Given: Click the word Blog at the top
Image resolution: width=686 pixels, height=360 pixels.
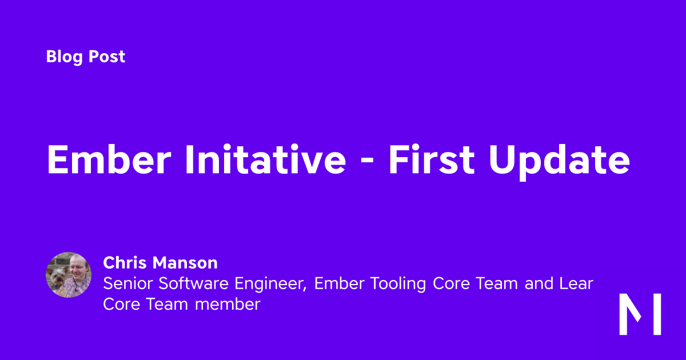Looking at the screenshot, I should pyautogui.click(x=64, y=57).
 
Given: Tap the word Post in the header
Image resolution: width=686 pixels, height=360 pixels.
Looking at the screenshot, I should pyautogui.click(x=107, y=57).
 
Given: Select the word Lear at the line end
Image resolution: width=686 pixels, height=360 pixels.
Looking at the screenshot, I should pyautogui.click(x=577, y=283).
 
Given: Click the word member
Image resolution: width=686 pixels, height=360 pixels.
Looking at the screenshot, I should pyautogui.click(x=228, y=304).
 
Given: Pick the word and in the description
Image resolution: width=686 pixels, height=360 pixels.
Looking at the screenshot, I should pyautogui.click(x=539, y=283).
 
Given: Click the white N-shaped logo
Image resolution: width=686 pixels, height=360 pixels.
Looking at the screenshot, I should pyautogui.click(x=640, y=314).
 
